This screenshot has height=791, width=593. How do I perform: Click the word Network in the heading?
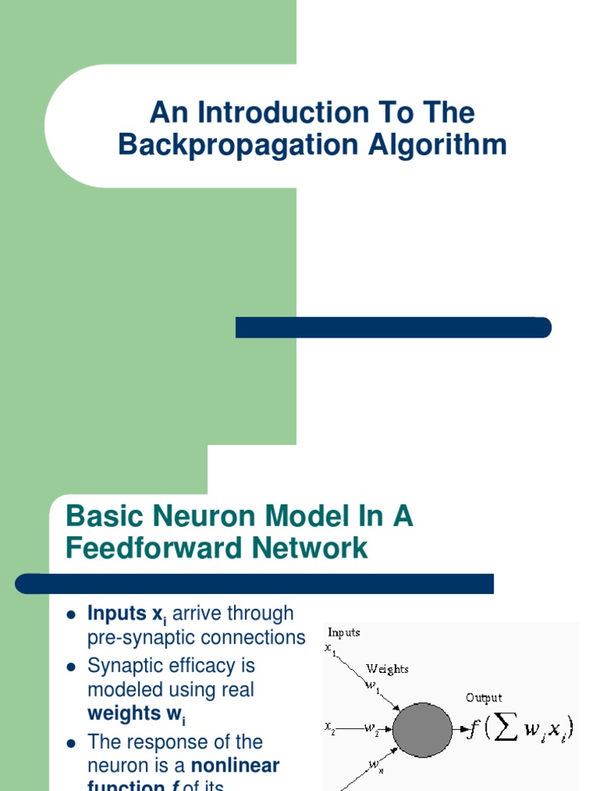click(x=307, y=548)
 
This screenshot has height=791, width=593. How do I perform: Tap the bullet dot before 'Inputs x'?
click(x=70, y=616)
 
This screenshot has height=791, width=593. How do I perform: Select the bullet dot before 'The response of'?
click(x=70, y=744)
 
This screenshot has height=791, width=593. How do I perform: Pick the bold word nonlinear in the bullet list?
click(x=236, y=766)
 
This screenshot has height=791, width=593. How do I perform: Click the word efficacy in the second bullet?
click(x=212, y=665)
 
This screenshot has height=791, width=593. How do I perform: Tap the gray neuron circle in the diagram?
click(x=422, y=730)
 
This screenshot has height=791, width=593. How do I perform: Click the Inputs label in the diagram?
click(x=344, y=633)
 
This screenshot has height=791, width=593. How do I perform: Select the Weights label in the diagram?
click(x=388, y=668)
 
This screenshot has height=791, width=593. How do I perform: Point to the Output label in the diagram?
click(x=483, y=698)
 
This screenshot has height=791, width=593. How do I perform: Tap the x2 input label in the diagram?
click(x=329, y=727)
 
